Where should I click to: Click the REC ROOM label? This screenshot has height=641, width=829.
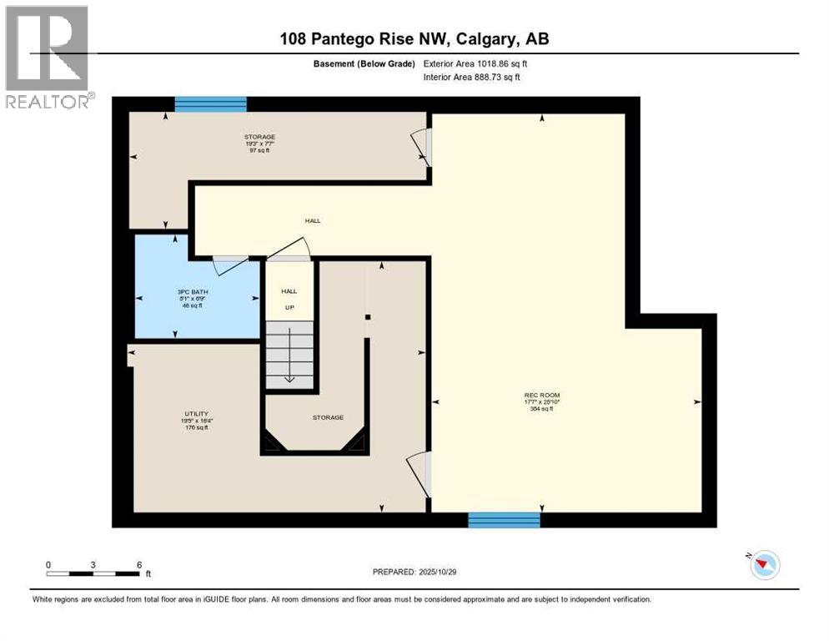click(541, 395)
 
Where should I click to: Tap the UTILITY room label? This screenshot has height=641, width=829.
click(191, 413)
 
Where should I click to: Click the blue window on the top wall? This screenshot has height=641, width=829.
click(210, 104)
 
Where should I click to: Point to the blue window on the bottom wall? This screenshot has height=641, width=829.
click(504, 520)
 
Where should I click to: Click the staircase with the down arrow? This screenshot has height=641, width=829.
click(289, 356)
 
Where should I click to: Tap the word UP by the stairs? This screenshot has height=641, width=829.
click(289, 307)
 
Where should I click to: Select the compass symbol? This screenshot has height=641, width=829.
click(763, 565)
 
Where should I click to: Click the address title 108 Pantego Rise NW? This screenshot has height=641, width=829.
click(414, 39)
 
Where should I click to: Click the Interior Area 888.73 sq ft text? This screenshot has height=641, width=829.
click(477, 78)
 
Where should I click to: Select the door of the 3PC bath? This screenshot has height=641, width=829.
click(228, 265)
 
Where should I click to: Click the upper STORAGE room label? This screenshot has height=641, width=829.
click(259, 137)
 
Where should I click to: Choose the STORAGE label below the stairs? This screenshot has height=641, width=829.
click(328, 417)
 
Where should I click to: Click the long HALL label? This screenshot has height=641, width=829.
click(312, 221)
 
